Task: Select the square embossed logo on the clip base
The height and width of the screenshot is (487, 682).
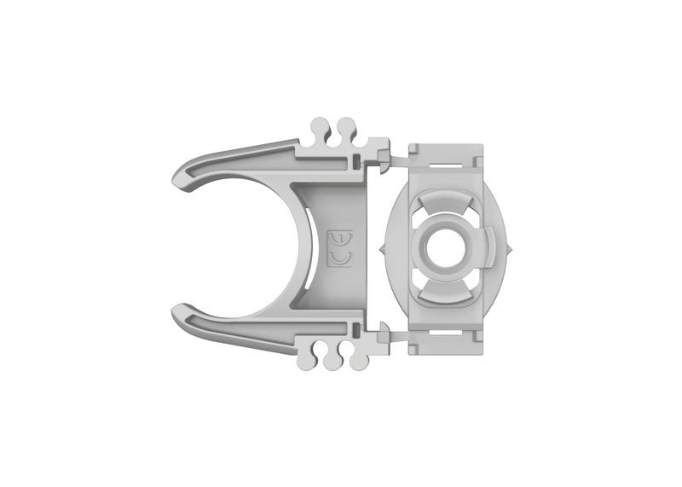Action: [341, 250]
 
